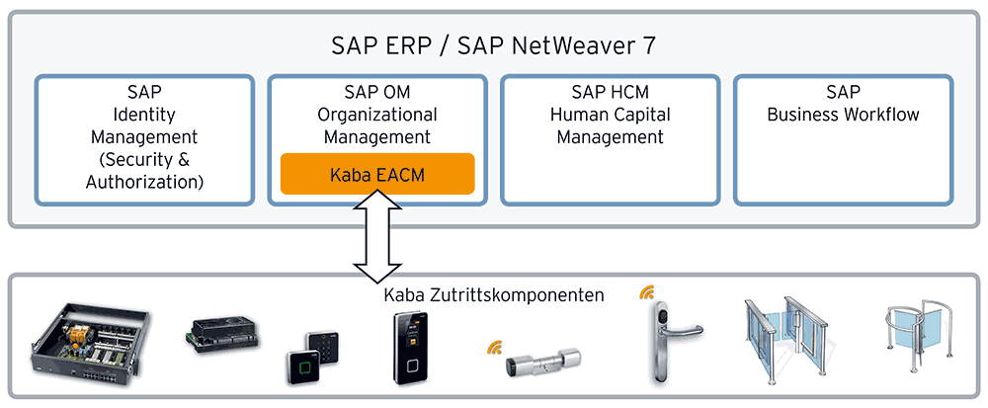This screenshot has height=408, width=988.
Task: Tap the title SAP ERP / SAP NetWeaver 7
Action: click(x=493, y=45)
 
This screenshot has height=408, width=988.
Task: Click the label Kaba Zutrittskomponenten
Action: click(x=493, y=294)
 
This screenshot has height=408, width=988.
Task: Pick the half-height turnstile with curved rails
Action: click(x=916, y=337)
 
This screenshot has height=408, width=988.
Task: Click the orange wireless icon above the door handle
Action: click(x=646, y=293)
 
